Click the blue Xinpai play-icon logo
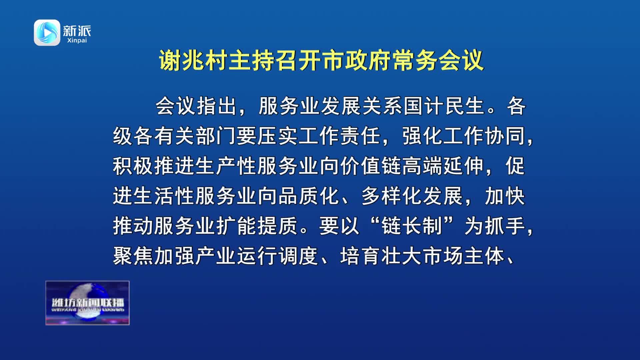click(x=47, y=32)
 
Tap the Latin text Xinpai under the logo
click(x=77, y=40)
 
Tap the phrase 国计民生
click(x=444, y=106)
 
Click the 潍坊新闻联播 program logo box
click(x=87, y=303)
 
